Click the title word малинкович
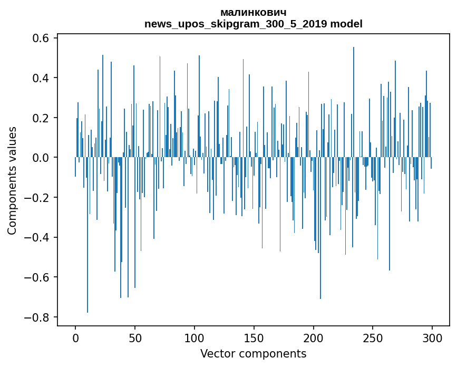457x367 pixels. [x=254, y=12]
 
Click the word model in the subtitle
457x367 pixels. [x=346, y=24]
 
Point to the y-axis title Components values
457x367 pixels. [x=12, y=180]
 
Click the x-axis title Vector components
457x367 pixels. [x=253, y=353]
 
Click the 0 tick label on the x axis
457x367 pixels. [x=75, y=337]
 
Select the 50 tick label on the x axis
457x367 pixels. [x=135, y=337]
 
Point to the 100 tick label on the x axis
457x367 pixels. [x=195, y=337]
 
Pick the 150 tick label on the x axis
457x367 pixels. [x=254, y=337]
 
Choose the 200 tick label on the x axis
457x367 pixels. [x=314, y=337]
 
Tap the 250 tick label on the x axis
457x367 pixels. [x=373, y=337]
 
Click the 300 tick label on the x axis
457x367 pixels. [x=432, y=337]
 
